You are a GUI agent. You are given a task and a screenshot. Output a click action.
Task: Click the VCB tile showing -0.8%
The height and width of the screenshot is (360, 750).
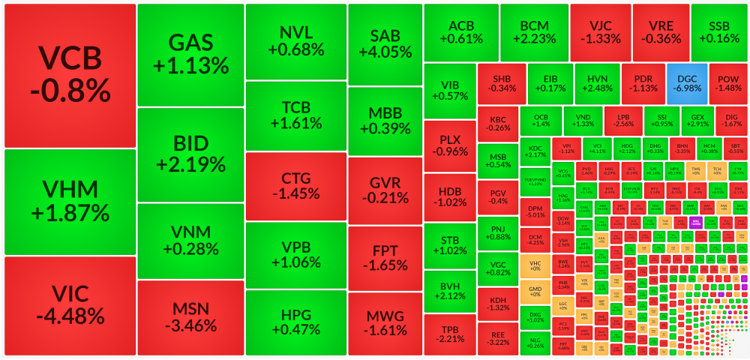70,75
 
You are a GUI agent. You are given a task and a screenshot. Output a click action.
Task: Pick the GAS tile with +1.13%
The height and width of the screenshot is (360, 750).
190,54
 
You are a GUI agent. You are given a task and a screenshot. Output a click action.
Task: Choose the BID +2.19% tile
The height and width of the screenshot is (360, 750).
190,154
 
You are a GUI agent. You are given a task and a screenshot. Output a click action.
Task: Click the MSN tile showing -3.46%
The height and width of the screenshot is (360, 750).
190,317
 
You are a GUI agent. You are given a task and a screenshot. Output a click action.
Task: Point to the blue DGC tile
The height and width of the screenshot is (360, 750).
686,82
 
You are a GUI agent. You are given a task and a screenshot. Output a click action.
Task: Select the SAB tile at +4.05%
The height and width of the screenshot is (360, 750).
385,43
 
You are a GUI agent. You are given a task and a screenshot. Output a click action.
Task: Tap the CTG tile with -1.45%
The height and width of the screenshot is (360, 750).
295,186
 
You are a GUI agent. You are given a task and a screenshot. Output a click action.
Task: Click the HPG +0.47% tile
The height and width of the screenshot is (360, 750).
295,322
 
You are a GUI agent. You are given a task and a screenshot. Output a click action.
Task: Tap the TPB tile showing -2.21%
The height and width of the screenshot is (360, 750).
449,334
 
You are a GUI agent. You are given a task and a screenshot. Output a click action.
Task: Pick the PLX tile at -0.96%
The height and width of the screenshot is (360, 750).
449,145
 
